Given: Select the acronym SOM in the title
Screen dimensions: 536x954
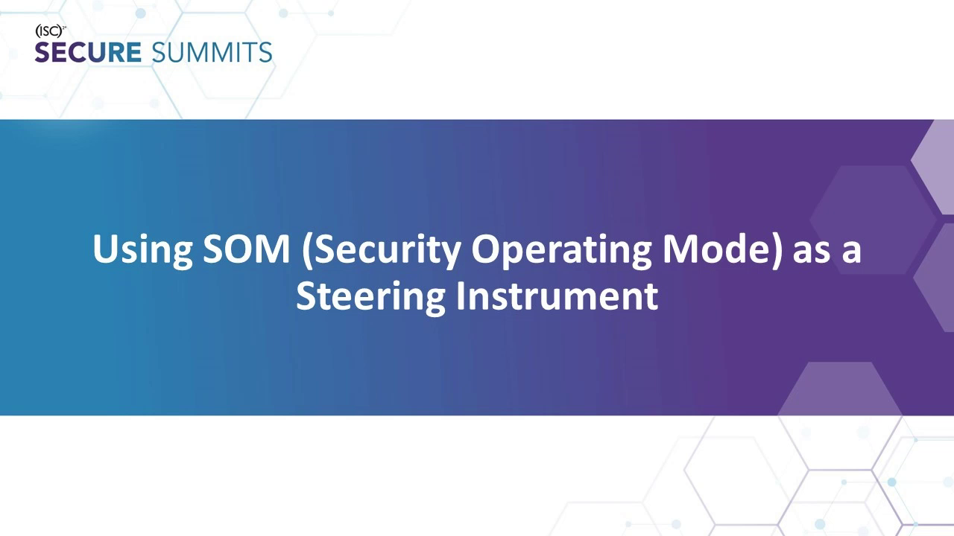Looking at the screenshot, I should coord(246,249).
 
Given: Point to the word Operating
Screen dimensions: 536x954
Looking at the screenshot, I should coord(562,249).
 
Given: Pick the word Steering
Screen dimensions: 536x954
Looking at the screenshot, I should coord(370,296).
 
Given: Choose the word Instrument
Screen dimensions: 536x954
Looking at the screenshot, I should coord(557,296).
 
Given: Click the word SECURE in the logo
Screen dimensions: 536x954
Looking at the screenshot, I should coord(88,53).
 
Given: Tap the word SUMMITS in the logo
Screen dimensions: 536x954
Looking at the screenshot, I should coord(212,53).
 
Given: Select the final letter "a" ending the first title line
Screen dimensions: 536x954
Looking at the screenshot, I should coord(852,251).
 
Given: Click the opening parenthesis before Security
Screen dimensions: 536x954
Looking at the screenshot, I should coord(307,249).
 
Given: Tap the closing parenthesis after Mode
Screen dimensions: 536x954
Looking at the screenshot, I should coord(779,249).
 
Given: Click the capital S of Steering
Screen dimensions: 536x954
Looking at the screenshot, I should coord(306,296).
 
